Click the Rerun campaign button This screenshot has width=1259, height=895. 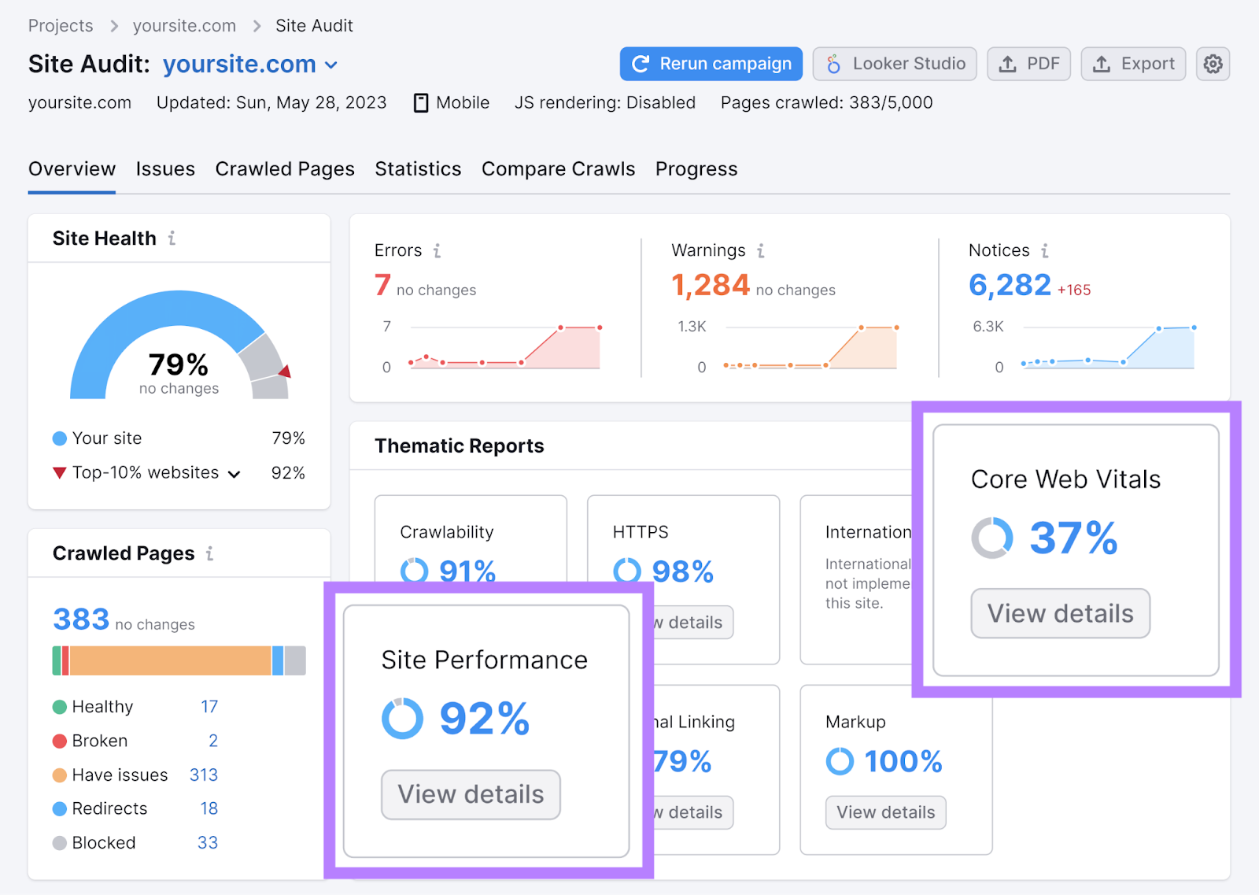tap(711, 64)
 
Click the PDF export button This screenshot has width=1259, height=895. tap(1028, 64)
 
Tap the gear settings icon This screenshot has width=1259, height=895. tap(1213, 64)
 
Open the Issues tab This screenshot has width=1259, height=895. tap(165, 169)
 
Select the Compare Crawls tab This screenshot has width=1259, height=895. tap(558, 169)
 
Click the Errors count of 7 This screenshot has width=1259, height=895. tap(382, 285)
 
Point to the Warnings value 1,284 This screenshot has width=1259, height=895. tap(710, 285)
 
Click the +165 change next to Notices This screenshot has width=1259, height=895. tap(1074, 290)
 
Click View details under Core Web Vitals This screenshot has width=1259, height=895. tap(1060, 613)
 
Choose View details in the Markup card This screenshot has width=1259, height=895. tap(885, 812)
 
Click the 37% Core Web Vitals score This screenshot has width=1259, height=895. tap(1073, 538)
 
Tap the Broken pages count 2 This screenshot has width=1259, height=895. tap(213, 741)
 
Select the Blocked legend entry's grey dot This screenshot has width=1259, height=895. tap(60, 843)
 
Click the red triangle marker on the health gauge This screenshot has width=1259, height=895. tap(285, 372)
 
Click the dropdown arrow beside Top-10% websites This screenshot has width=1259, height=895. tap(234, 474)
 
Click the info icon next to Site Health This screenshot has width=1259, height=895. tap(172, 238)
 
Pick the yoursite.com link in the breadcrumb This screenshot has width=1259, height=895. tap(184, 26)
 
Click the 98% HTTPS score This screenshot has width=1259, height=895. tap(682, 571)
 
